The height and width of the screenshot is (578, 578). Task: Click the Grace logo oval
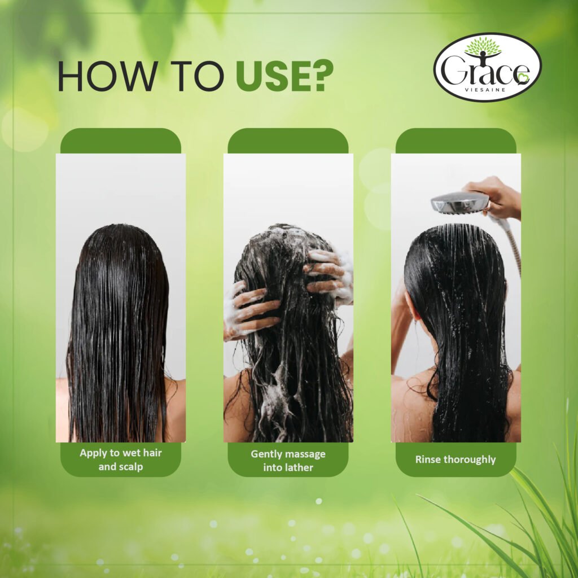487,67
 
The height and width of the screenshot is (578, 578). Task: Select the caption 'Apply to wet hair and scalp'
120,459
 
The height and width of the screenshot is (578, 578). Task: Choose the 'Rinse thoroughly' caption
456,459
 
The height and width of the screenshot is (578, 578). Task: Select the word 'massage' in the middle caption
305,454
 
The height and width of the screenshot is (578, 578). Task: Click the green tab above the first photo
120,141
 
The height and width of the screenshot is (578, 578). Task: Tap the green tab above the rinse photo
456,141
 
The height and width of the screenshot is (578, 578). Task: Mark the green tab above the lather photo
288,141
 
